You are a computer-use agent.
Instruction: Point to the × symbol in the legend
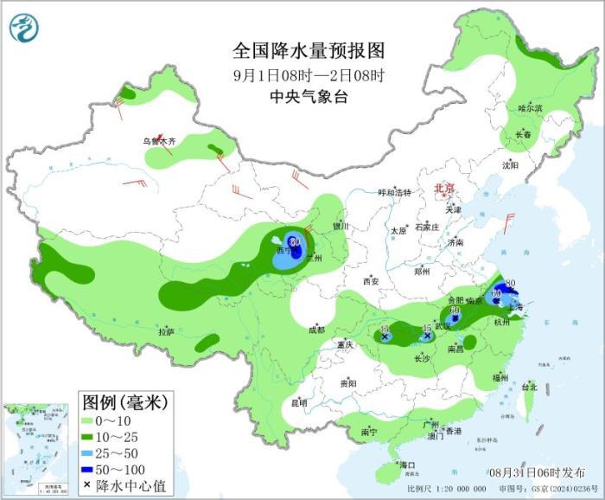tap(87, 485)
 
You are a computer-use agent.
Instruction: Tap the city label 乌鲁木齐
tap(159, 140)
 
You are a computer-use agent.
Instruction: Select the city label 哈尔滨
tap(530, 108)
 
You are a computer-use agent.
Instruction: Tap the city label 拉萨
tap(166, 331)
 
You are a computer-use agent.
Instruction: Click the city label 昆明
tap(299, 402)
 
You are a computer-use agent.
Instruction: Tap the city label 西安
tap(372, 281)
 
